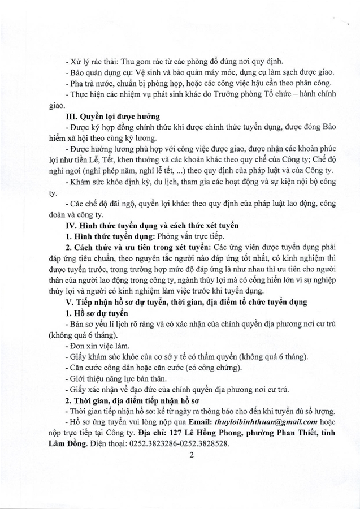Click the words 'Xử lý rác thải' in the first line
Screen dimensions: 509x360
click(94, 61)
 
